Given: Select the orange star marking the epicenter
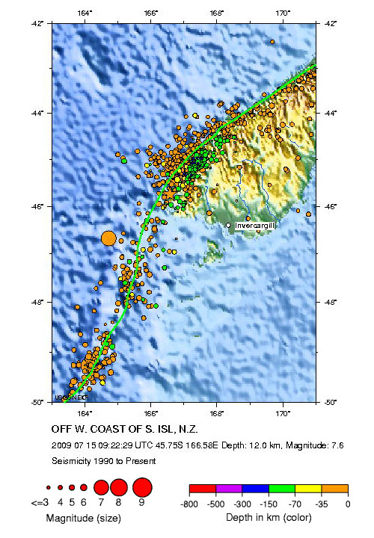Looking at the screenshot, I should click(168, 194).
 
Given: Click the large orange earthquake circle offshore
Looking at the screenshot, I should click(108, 238).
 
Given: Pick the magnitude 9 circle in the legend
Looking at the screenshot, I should click(141, 488).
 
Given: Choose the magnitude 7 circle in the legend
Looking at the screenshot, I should click(101, 488).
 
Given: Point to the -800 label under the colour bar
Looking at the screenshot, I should click(189, 505).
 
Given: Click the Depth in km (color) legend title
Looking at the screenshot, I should click(267, 518).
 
